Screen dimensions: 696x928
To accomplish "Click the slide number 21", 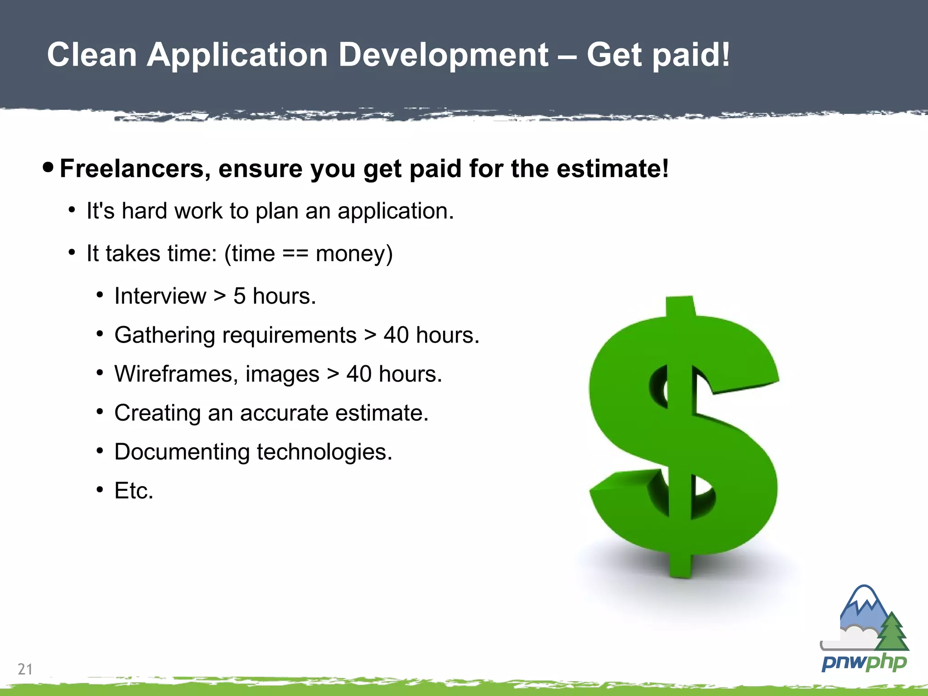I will click(x=25, y=669).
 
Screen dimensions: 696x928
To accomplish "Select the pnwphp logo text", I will click(x=864, y=662).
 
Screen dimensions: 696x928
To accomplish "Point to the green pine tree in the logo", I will click(x=892, y=632).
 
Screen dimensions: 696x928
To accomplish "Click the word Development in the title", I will click(x=443, y=55).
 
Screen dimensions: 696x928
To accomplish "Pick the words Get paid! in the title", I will click(x=658, y=55).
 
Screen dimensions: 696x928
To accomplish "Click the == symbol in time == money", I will click(x=295, y=253).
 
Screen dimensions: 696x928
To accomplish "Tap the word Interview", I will click(x=160, y=296).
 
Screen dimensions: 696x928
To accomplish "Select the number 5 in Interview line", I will click(x=239, y=296).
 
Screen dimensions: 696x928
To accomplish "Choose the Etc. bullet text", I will click(x=134, y=491).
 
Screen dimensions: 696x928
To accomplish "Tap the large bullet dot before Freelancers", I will click(x=48, y=167).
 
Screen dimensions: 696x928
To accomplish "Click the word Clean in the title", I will click(x=92, y=55).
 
